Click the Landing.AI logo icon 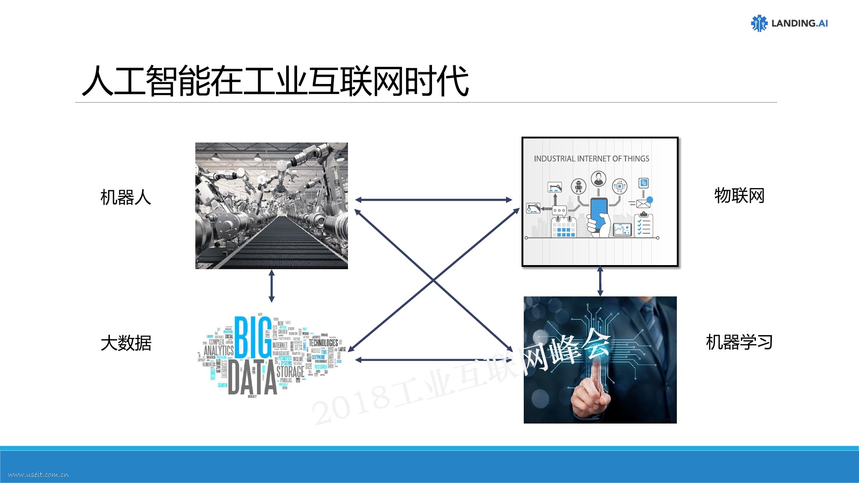(x=759, y=23)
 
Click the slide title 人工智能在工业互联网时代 (x=275, y=81)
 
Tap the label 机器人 (x=125, y=197)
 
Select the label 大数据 (x=125, y=343)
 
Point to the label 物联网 (x=739, y=196)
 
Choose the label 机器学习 (x=739, y=342)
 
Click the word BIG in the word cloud (x=253, y=338)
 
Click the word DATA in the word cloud (x=252, y=378)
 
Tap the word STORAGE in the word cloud (x=290, y=372)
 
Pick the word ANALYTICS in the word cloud (x=218, y=350)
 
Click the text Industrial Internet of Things (x=591, y=159)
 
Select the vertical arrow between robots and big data (x=272, y=286)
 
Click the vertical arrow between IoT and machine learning (x=600, y=281)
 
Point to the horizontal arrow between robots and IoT (x=433, y=200)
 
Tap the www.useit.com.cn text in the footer (x=39, y=475)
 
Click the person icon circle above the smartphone (x=599, y=179)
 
